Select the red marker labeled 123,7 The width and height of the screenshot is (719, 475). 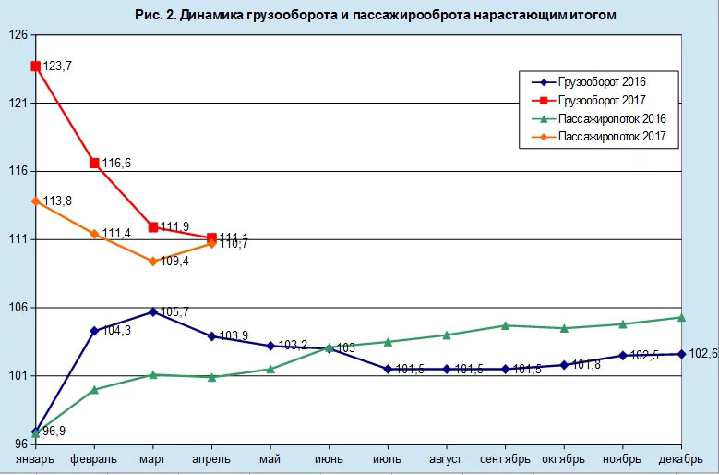[x=35, y=66]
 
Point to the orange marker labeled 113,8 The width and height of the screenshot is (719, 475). [x=35, y=201]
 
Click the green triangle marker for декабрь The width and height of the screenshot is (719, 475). [x=681, y=317]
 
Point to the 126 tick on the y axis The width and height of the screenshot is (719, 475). [x=18, y=35]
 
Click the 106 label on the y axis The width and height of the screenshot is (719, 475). [x=18, y=308]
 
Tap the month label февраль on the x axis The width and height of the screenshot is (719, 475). [x=93, y=458]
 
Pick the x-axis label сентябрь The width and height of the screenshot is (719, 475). [x=505, y=458]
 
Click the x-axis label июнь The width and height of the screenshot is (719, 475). [x=329, y=458]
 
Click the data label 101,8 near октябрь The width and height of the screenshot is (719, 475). [x=588, y=365]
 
